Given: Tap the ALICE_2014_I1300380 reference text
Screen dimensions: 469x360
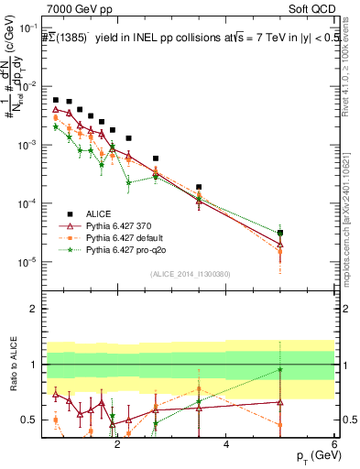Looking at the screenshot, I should pos(190,273).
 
